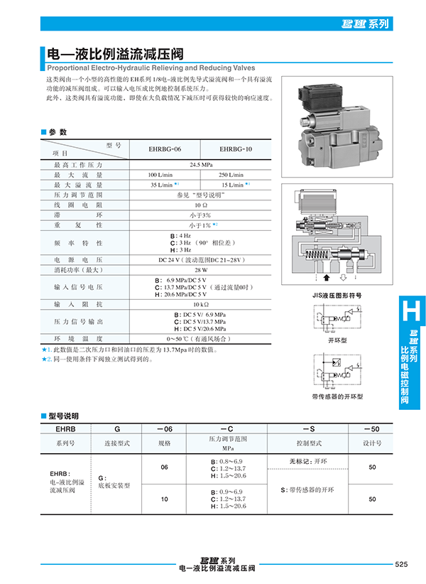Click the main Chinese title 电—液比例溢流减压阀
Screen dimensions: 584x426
[x=116, y=53]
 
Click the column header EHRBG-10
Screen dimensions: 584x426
[x=236, y=149]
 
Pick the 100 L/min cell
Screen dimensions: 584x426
[x=160, y=174]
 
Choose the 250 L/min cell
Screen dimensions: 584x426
[x=231, y=174]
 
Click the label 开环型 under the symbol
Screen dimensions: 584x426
[x=337, y=340]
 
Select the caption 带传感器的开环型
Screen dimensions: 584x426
[x=337, y=396]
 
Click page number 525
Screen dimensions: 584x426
[x=400, y=564]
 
